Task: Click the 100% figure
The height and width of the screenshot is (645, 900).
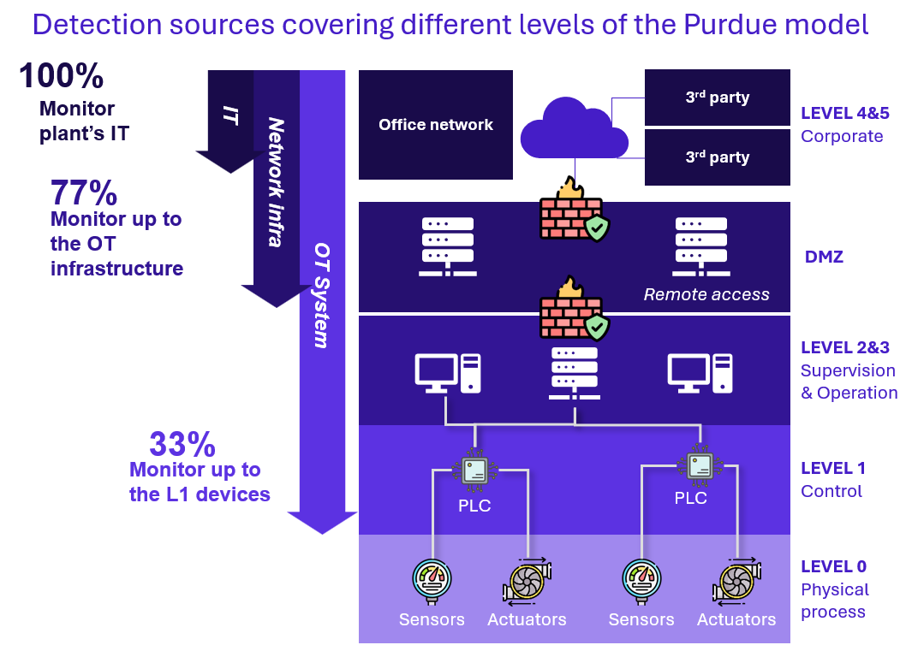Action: click(x=61, y=76)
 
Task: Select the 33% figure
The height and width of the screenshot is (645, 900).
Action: click(x=182, y=445)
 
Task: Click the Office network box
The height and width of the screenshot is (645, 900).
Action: click(x=436, y=125)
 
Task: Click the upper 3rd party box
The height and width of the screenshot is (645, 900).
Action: click(x=717, y=98)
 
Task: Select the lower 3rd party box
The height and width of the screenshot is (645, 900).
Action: click(x=717, y=157)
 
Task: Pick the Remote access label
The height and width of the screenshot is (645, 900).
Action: click(x=706, y=295)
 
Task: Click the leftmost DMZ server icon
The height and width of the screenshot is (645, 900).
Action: click(x=447, y=246)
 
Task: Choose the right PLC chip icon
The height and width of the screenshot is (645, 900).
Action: click(x=699, y=465)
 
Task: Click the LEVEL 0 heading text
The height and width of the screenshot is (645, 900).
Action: click(x=833, y=566)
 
